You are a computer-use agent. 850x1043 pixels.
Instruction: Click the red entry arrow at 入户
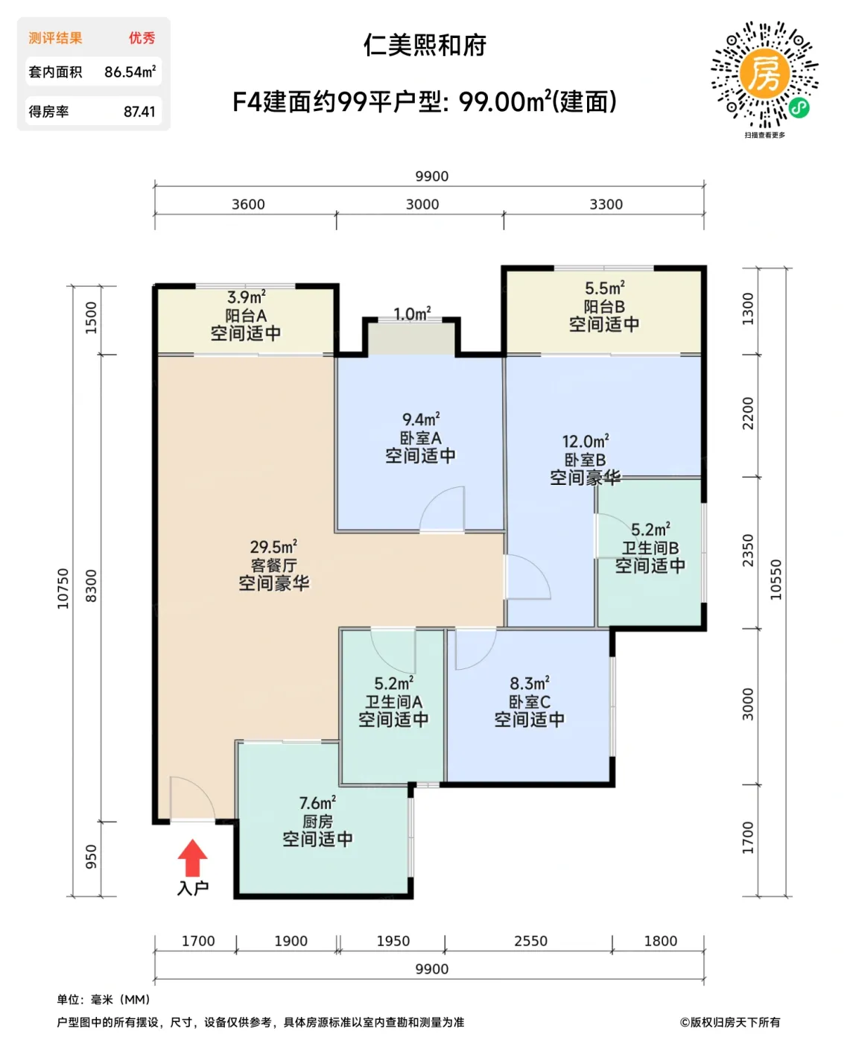pyautogui.click(x=192, y=857)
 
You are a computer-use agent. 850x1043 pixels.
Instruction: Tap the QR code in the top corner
pyautogui.click(x=764, y=74)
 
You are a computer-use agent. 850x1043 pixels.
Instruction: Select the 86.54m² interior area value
pyautogui.click(x=130, y=72)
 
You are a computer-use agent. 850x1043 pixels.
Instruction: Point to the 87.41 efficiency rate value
pyautogui.click(x=139, y=112)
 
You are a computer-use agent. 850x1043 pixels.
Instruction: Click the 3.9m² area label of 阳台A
pyautogui.click(x=246, y=297)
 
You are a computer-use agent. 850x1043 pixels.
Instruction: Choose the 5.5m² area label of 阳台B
pyautogui.click(x=604, y=288)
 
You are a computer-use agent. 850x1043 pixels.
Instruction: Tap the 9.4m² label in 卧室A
pyautogui.click(x=421, y=419)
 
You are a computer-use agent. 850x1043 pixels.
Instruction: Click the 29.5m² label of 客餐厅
pyautogui.click(x=273, y=547)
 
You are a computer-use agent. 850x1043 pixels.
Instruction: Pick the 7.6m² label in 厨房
pyautogui.click(x=317, y=803)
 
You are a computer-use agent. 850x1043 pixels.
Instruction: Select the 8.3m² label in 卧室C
pyautogui.click(x=530, y=683)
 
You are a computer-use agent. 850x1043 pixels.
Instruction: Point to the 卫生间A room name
pyautogui.click(x=393, y=702)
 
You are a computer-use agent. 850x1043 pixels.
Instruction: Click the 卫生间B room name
pyautogui.click(x=650, y=548)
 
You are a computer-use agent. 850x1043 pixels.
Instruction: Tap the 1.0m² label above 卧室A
pyautogui.click(x=412, y=314)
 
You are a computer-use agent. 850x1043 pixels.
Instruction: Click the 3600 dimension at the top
pyautogui.click(x=248, y=204)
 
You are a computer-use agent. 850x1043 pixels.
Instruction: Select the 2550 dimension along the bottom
pyautogui.click(x=530, y=941)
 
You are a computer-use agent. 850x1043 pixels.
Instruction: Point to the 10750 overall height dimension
pyautogui.click(x=63, y=589)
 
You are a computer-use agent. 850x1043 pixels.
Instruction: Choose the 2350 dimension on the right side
pyautogui.click(x=748, y=551)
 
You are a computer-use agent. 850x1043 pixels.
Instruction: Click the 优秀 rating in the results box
pyautogui.click(x=142, y=38)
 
